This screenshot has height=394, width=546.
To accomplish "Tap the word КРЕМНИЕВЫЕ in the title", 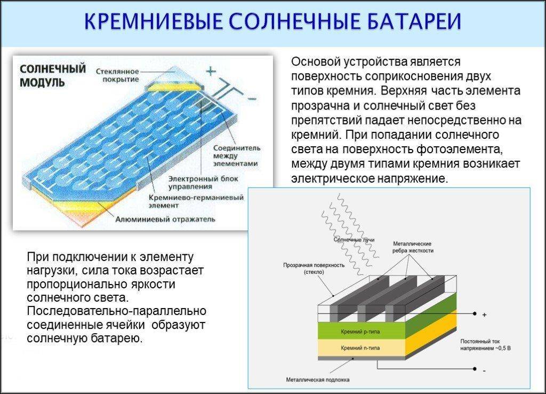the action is point(153,21).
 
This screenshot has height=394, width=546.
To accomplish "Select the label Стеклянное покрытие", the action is point(117,75).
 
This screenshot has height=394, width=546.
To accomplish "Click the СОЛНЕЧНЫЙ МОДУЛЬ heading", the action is point(53,75).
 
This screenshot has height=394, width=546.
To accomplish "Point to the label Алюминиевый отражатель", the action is point(165,219).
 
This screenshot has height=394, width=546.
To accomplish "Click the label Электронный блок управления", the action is point(203,183).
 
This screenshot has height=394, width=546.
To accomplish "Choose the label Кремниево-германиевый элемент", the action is point(196,201).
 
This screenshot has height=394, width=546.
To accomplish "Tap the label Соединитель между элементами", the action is point(237,155).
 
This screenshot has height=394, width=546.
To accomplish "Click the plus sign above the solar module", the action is point(211,71).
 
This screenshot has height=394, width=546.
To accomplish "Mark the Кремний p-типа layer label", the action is point(360,332).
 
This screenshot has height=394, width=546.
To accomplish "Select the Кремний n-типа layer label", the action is point(360,348).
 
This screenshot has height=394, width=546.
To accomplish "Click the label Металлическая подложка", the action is point(318,380).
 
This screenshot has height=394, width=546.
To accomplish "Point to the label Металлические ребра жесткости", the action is point(413,247).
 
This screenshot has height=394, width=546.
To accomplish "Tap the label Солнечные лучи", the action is point(354,240).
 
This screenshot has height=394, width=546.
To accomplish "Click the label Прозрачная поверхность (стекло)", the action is point(314,269).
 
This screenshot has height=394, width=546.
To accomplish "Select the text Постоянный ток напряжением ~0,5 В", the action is point(485,345).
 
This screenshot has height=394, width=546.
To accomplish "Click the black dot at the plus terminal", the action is point(475,314).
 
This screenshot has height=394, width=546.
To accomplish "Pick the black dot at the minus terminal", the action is point(475,368).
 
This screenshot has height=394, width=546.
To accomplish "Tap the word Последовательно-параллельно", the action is point(117,311).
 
